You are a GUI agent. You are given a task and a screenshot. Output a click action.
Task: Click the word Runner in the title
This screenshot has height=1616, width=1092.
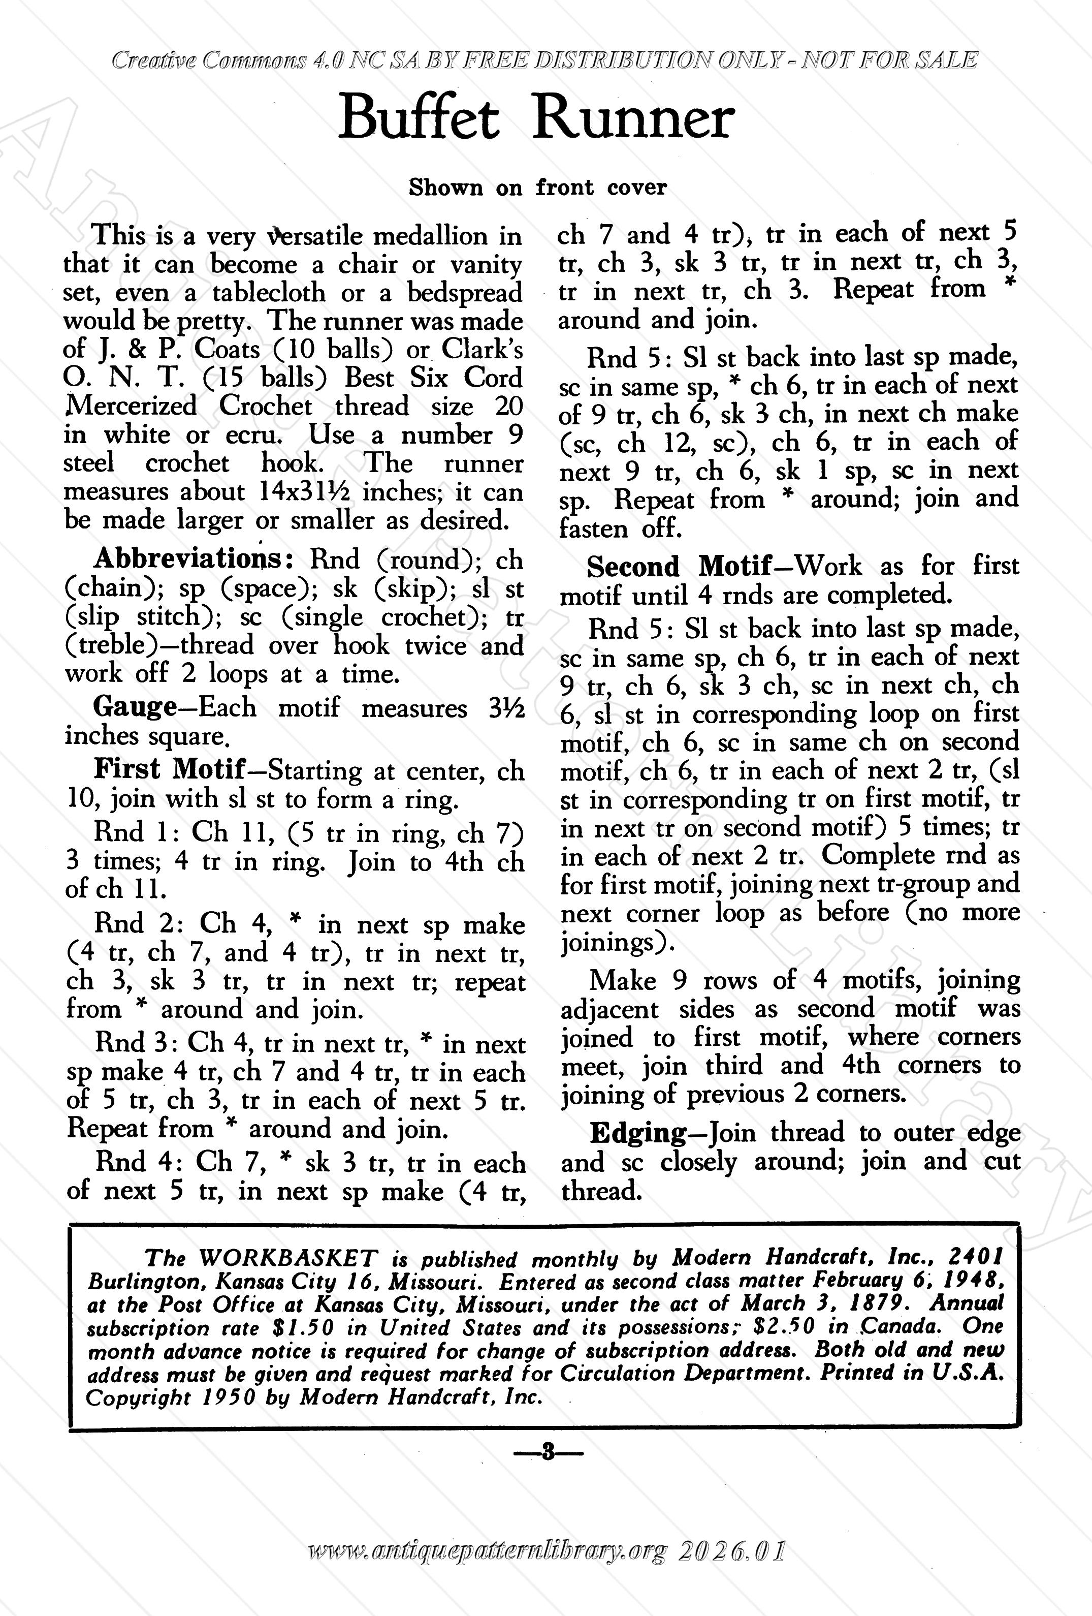[x=632, y=119]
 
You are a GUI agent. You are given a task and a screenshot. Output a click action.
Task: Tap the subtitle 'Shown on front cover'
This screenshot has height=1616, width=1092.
[x=537, y=187]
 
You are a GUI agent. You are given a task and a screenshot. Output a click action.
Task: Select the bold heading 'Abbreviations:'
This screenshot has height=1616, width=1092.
[x=195, y=558]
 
